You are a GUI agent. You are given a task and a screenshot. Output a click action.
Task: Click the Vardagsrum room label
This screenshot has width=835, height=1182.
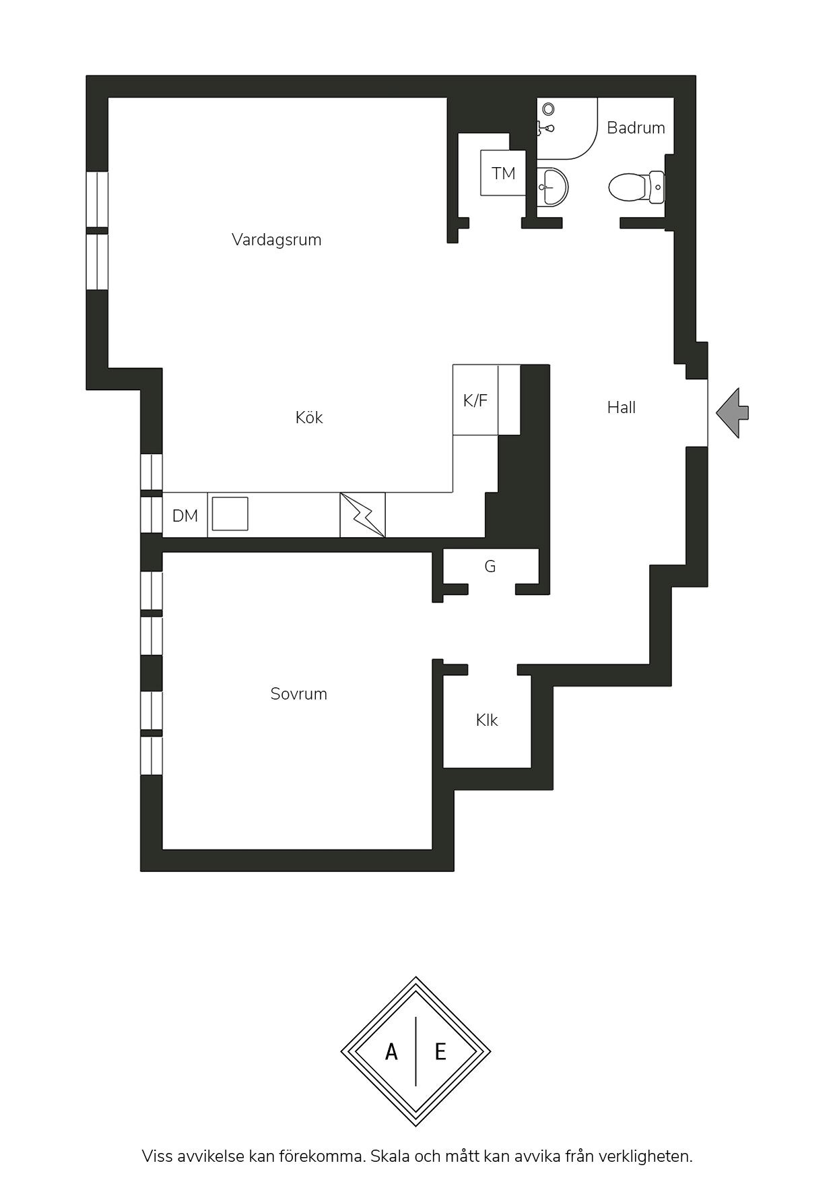pos(276,240)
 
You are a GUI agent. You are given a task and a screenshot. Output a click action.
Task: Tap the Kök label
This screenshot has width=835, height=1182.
pos(309,417)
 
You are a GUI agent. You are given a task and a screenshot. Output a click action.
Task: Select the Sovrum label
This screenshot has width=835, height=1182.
pos(298,693)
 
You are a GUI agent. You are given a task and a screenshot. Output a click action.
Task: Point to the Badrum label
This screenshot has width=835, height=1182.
pos(636,127)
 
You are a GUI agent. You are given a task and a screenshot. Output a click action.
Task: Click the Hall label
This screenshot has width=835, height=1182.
pos(621,407)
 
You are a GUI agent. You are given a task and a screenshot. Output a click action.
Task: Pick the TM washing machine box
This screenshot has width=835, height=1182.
pos(503,173)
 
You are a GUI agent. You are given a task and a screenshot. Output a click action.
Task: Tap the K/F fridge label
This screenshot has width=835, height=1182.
pos(475,400)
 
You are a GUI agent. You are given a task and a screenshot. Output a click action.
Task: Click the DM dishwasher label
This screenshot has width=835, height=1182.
pos(185,516)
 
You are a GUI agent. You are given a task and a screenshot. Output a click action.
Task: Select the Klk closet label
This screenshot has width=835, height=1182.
pos(486,720)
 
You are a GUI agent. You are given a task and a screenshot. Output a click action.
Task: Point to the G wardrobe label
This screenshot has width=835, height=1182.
pos(490,566)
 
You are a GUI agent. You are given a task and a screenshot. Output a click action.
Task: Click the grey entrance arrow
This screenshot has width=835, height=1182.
pos(732,412)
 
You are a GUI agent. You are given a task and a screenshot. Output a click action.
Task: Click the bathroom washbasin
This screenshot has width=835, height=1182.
pos(552,186)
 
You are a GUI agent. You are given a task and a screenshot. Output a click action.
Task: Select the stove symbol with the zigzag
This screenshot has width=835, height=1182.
pos(362,515)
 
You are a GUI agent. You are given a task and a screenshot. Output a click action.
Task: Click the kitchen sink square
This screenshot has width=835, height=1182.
pos(230,514)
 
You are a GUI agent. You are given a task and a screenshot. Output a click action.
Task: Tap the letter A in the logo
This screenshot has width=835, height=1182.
pos(391,1051)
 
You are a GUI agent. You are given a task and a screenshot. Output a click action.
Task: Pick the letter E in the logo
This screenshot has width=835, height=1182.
pos(440,1051)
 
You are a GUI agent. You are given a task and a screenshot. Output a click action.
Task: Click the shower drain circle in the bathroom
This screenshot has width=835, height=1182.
pos(548,108)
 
